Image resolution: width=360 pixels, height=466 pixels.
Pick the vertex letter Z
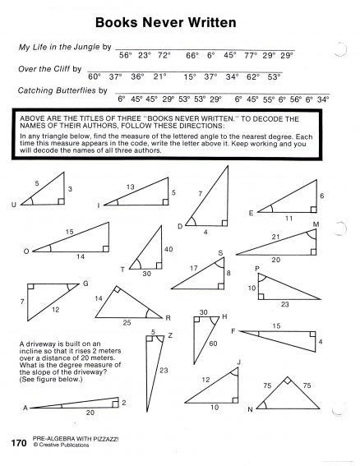[x=169, y=335]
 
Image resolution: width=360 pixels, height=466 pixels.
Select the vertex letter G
[x=85, y=284]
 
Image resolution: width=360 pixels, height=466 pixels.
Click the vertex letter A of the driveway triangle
[x=25, y=408]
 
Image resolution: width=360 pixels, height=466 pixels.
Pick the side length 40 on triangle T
[x=168, y=250]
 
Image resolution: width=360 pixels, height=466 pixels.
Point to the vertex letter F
[x=233, y=330]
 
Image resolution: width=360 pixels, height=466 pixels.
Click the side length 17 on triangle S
[x=195, y=268]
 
